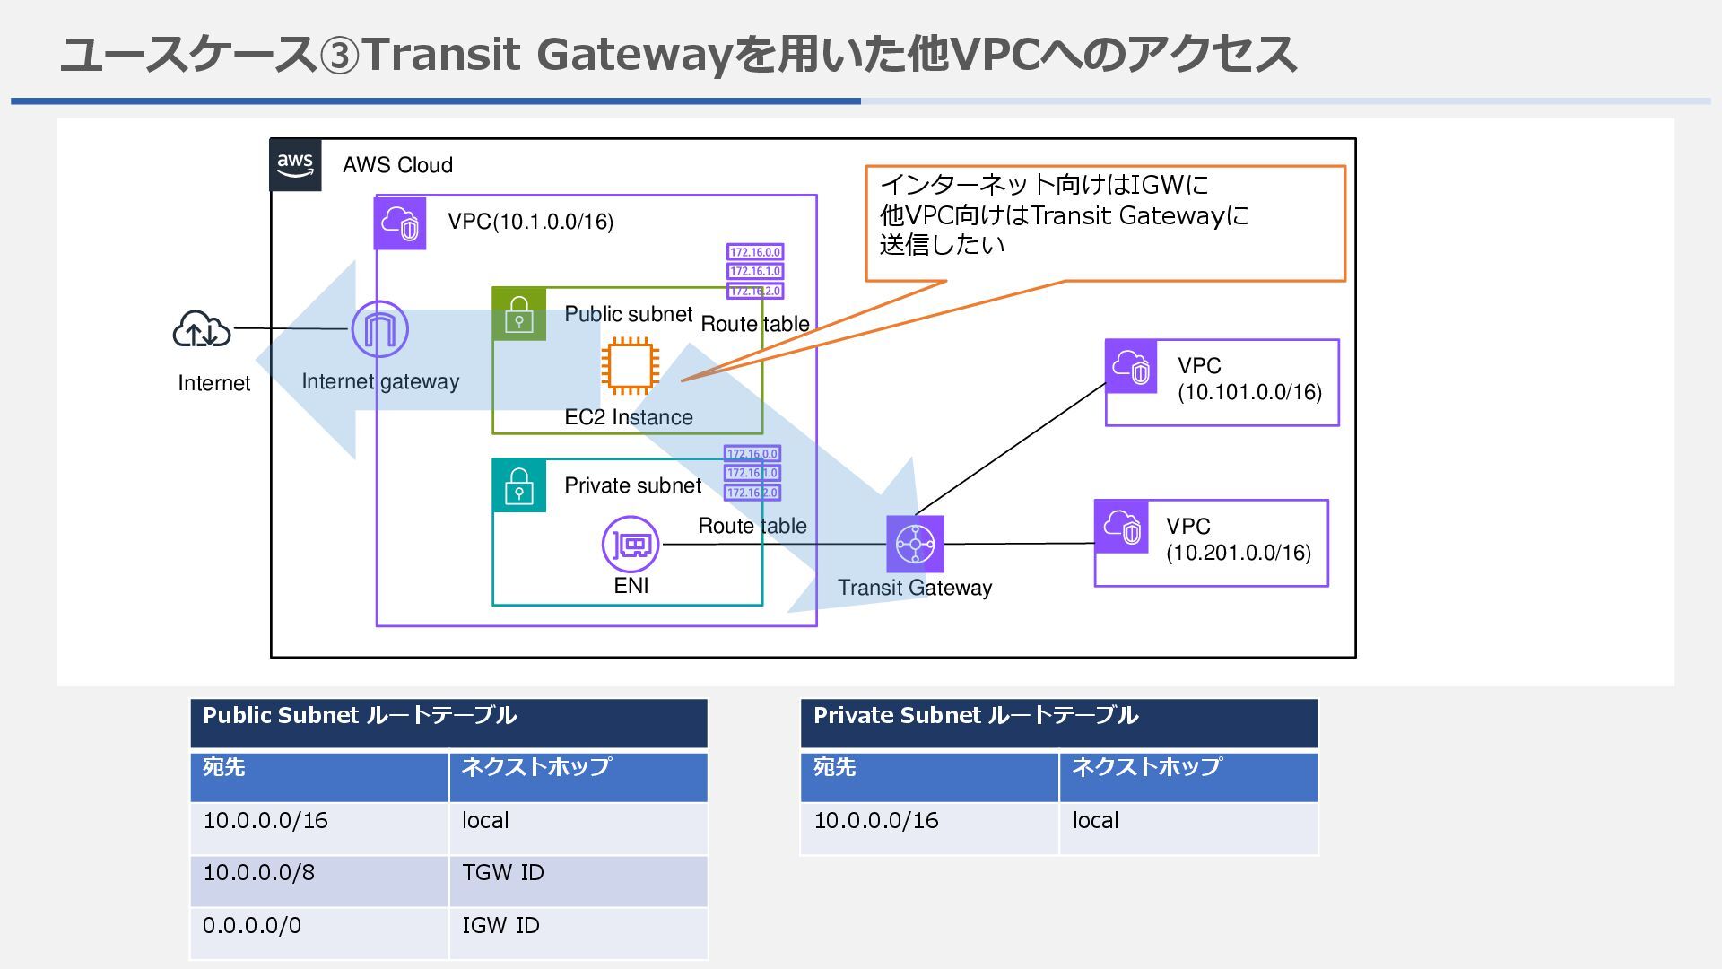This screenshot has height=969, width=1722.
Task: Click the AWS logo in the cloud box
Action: pos(296,165)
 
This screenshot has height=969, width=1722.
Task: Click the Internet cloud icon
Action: pos(202,329)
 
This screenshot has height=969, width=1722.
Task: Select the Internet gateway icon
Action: pos(380,329)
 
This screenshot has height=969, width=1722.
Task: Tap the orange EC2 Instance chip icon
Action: pos(630,366)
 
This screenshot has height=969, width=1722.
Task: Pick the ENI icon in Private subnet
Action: pos(631,544)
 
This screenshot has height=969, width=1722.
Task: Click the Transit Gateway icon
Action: pos(915,544)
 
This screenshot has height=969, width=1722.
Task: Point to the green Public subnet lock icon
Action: pos(519,314)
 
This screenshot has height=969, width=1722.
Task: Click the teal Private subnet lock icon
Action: pos(519,485)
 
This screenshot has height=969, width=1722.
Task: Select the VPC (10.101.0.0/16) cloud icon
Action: pos(1132,366)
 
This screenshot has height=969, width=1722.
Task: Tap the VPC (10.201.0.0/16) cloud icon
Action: pos(1121,527)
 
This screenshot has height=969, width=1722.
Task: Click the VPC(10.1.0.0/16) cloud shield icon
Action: pos(400,222)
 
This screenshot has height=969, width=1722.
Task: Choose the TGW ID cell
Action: pos(578,881)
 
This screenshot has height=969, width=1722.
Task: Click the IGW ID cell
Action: pos(578,933)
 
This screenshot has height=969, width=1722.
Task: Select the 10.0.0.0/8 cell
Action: pos(319,881)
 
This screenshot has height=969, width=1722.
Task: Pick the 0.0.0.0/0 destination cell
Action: pos(319,933)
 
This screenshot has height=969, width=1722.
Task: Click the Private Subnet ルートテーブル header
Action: pos(1059,723)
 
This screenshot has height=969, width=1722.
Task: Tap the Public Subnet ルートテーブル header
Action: pos(448,723)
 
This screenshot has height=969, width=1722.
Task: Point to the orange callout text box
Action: pos(1105,223)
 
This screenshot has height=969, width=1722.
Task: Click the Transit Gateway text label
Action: pos(915,588)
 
